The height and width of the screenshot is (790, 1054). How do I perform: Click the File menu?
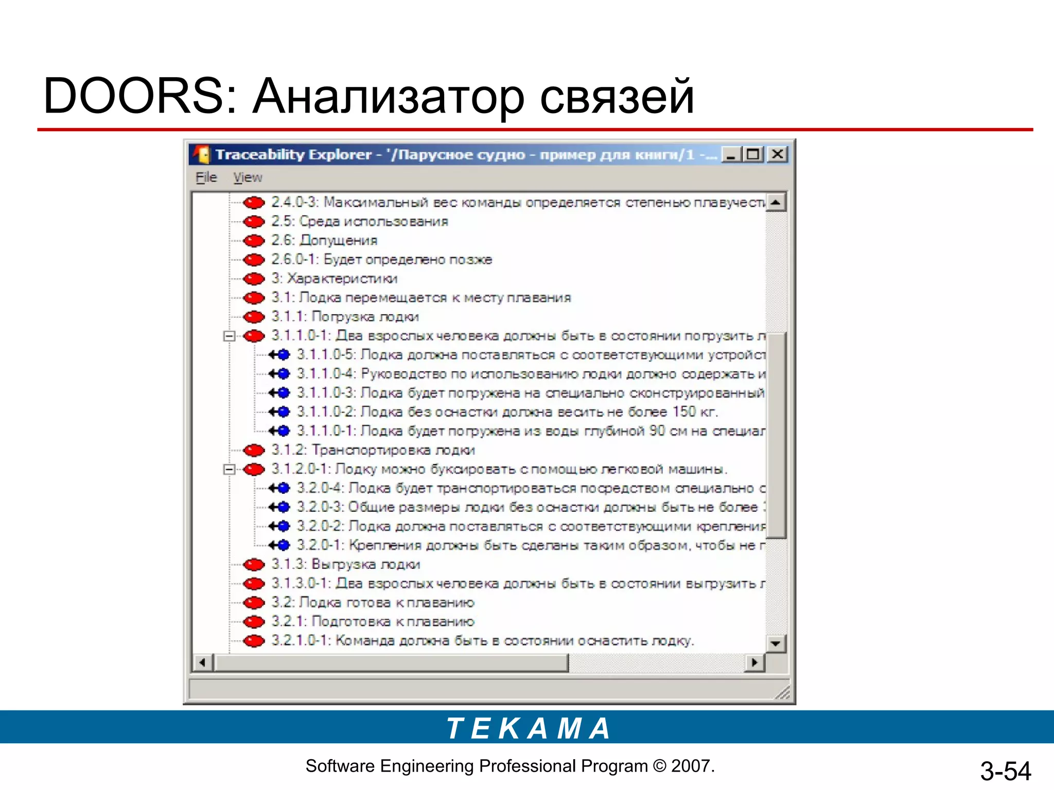(206, 177)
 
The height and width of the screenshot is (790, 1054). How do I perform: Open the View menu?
(248, 177)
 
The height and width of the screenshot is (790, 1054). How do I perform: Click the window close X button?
(777, 154)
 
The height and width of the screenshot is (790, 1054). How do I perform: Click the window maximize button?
(753, 154)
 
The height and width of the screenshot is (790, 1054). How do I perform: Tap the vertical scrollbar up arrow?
(776, 202)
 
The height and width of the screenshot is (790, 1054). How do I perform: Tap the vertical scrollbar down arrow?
(776, 643)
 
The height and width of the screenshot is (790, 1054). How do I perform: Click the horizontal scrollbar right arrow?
(754, 662)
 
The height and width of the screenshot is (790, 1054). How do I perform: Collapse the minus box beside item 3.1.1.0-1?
(230, 336)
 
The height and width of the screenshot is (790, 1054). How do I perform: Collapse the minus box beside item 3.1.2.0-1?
(230, 470)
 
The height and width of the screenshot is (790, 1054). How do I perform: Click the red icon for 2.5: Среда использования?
(254, 222)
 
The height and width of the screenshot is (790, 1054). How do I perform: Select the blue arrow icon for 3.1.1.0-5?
(279, 355)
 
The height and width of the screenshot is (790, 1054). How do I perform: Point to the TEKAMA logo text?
(528, 728)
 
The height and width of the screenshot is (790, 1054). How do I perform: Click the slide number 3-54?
(1005, 771)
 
